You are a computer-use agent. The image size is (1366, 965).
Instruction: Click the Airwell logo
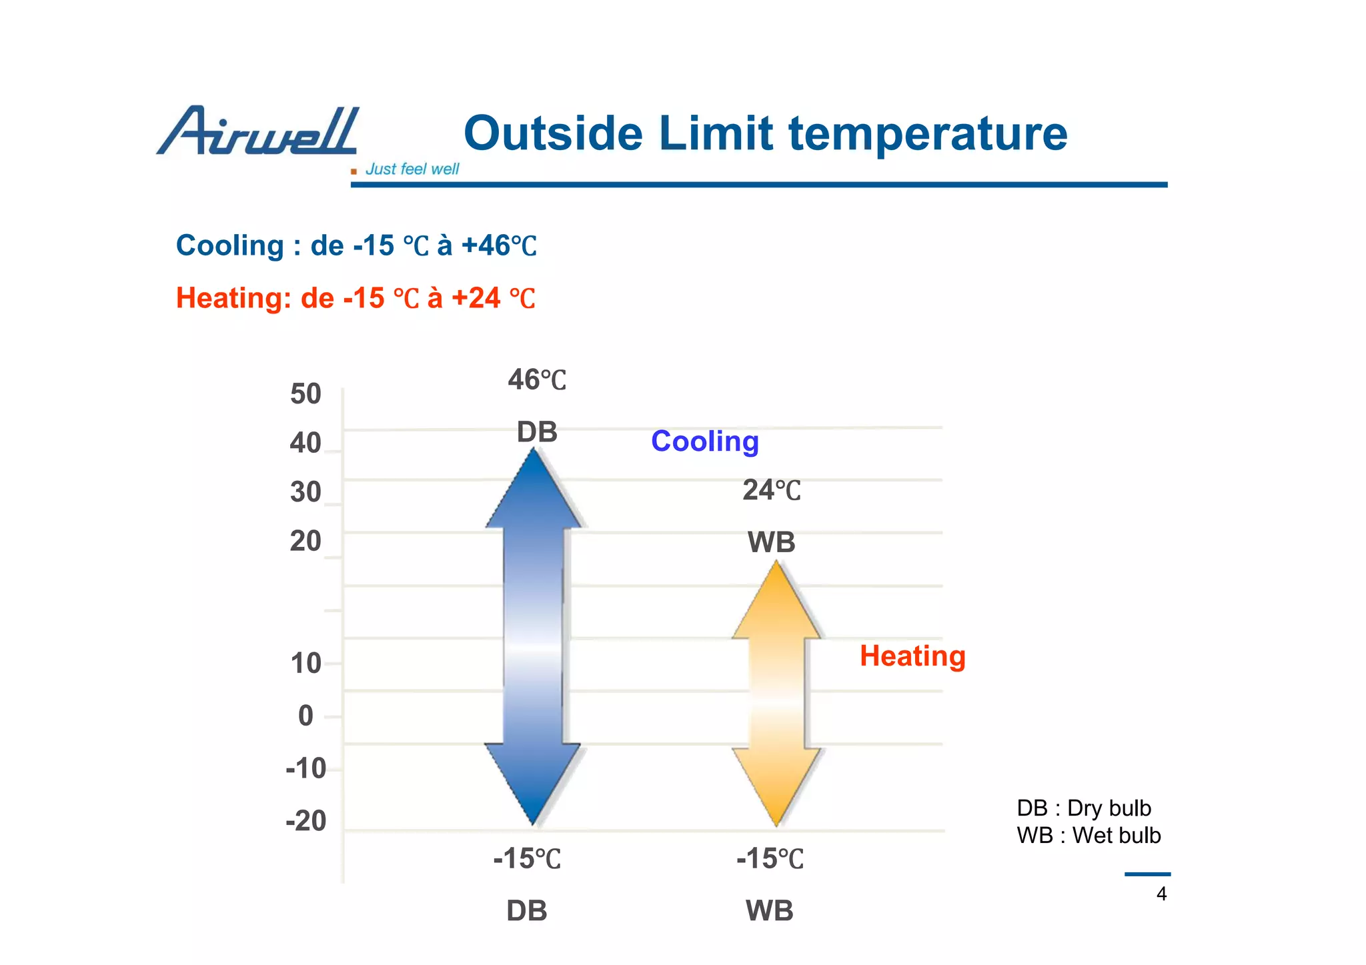click(257, 131)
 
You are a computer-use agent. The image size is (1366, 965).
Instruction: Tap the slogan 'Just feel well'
click(412, 169)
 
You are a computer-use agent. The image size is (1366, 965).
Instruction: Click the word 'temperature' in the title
click(928, 133)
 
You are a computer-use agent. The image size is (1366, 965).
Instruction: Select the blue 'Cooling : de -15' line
click(356, 245)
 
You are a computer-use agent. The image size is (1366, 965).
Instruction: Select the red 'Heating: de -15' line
click(355, 298)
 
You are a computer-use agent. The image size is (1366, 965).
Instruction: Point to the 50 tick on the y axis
click(305, 394)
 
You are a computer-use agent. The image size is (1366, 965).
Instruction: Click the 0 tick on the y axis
click(305, 716)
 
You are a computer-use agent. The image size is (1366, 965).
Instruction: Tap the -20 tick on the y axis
click(305, 820)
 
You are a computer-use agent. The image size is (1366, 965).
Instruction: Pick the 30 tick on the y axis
click(305, 492)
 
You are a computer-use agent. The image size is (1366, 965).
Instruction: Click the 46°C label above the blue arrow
click(536, 380)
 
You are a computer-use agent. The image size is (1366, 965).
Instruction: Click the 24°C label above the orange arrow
click(771, 490)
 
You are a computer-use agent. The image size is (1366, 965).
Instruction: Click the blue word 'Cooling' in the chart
click(704, 441)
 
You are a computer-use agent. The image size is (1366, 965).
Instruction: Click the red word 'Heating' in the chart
click(912, 656)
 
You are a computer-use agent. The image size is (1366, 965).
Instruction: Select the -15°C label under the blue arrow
click(527, 858)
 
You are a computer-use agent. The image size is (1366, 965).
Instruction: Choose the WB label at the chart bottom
click(769, 910)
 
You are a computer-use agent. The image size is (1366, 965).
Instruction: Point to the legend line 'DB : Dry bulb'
click(1083, 808)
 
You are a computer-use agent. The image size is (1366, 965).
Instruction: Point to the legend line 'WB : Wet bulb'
click(1088, 836)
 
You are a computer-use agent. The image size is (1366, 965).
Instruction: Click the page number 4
click(1161, 894)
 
